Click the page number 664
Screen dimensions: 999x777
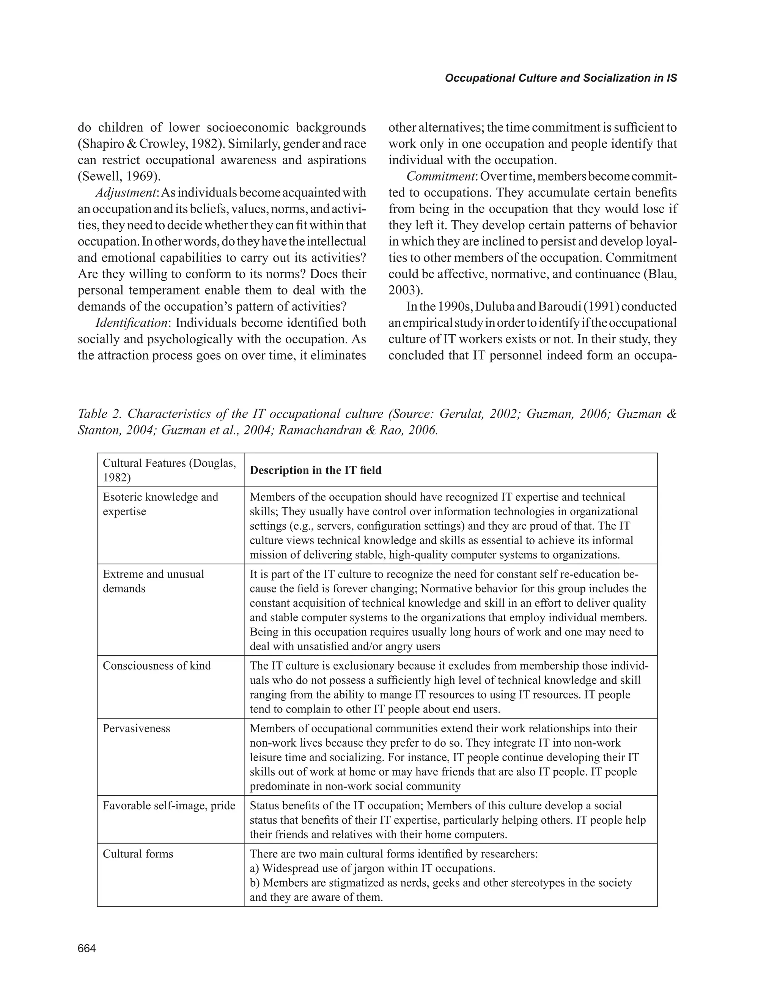click(87, 949)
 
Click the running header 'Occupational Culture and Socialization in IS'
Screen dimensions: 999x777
click(561, 78)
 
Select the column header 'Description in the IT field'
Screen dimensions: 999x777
click(316, 470)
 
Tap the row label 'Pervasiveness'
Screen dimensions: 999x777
click(136, 728)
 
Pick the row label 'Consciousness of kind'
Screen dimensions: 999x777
click(157, 665)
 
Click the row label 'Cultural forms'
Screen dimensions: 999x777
click(138, 854)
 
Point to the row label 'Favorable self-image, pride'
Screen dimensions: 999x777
click(169, 805)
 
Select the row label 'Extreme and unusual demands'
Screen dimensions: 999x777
click(153, 581)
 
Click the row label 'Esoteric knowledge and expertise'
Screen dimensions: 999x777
click(160, 504)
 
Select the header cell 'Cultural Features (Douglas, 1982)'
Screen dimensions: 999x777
click(169, 470)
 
